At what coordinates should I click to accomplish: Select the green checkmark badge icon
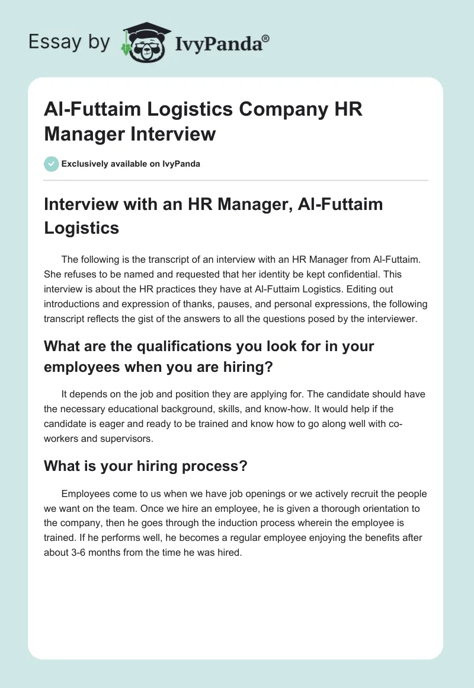(x=52, y=164)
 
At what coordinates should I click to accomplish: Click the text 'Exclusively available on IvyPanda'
(x=131, y=164)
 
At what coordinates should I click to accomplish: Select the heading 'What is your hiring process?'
(x=145, y=466)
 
